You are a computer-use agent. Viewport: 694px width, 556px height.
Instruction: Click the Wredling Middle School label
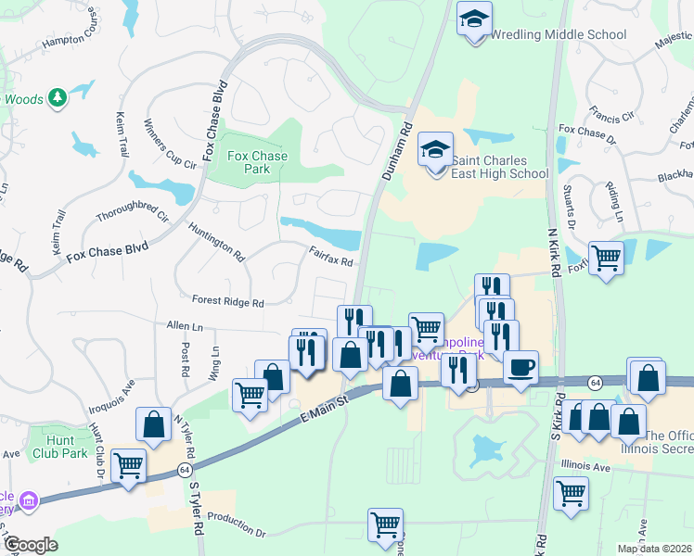tap(558, 34)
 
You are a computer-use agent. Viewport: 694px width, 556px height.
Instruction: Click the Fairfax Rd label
tap(331, 255)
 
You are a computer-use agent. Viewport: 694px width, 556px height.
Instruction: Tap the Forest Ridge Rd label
tap(228, 301)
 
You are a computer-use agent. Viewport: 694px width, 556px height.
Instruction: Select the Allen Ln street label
tap(185, 326)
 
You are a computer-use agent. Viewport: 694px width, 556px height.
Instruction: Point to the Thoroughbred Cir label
tap(133, 205)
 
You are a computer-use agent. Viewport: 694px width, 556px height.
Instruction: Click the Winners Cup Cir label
tap(171, 144)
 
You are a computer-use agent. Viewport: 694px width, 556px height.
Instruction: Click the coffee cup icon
tap(520, 367)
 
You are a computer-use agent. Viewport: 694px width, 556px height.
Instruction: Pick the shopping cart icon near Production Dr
tap(386, 524)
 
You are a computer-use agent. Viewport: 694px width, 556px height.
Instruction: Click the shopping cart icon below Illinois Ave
tap(571, 493)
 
